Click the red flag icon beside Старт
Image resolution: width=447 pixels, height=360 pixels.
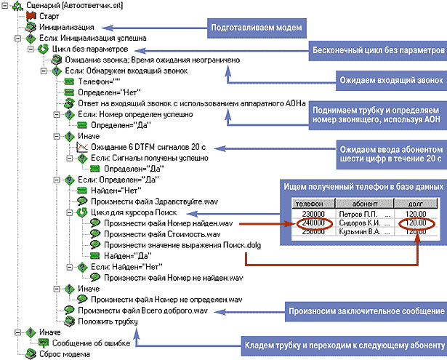click(x=31, y=15)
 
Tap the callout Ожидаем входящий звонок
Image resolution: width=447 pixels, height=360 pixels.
click(x=392, y=78)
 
